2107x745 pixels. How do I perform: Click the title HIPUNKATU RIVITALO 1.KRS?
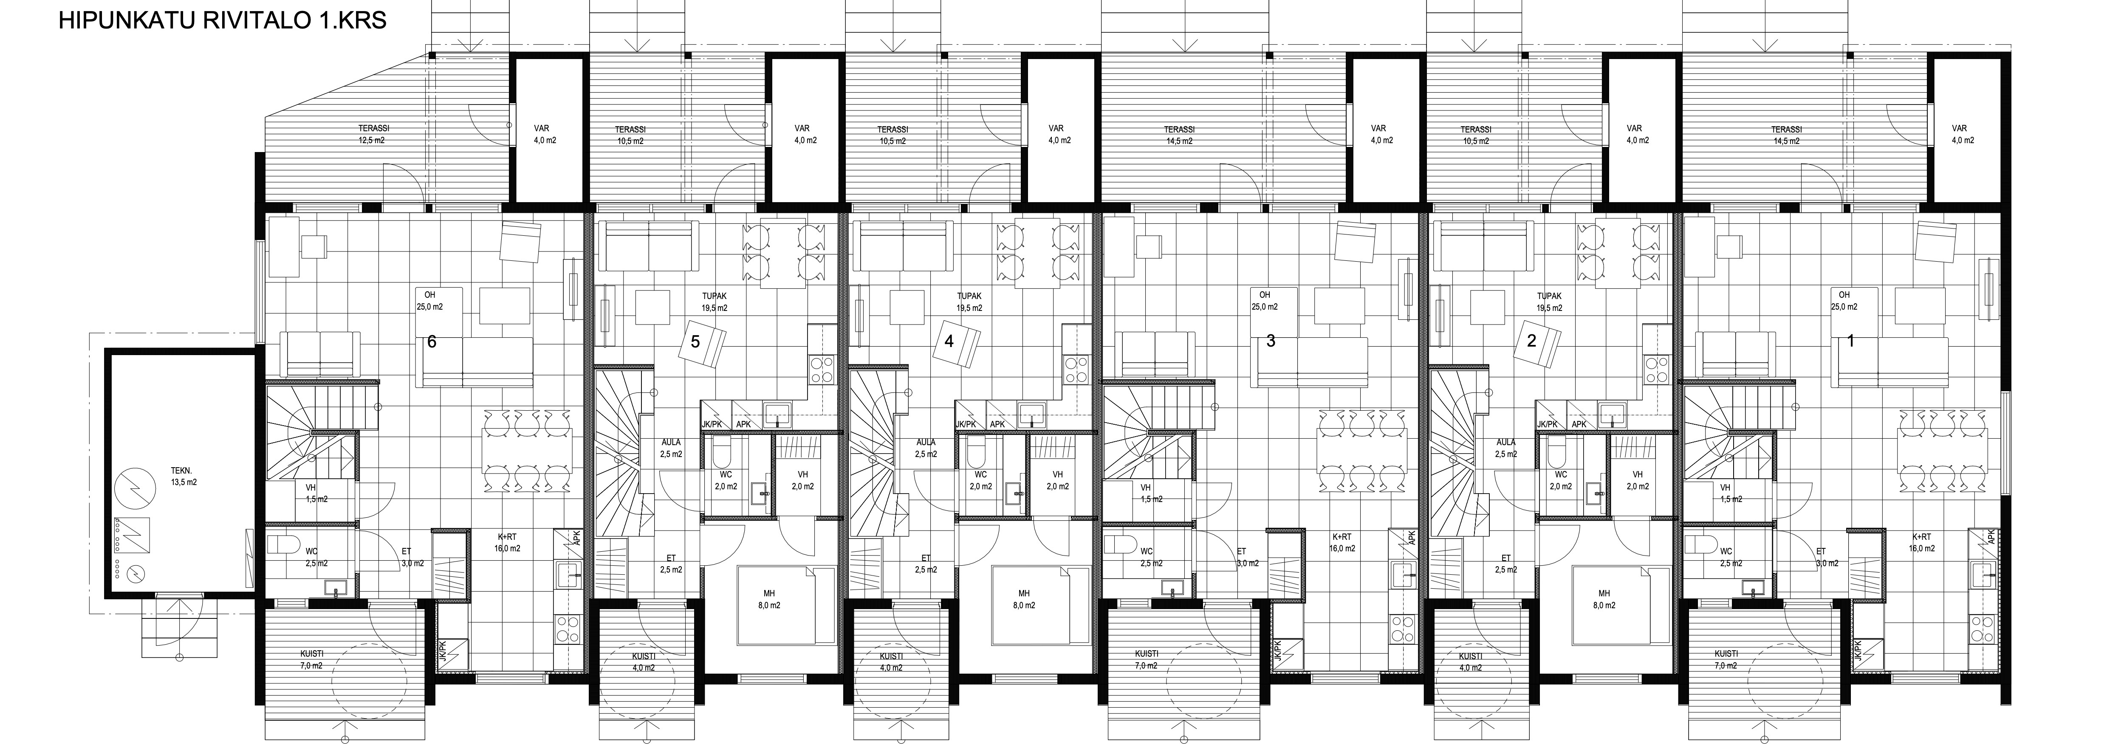pos(223,20)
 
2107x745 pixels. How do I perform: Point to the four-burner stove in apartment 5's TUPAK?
pos(821,370)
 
